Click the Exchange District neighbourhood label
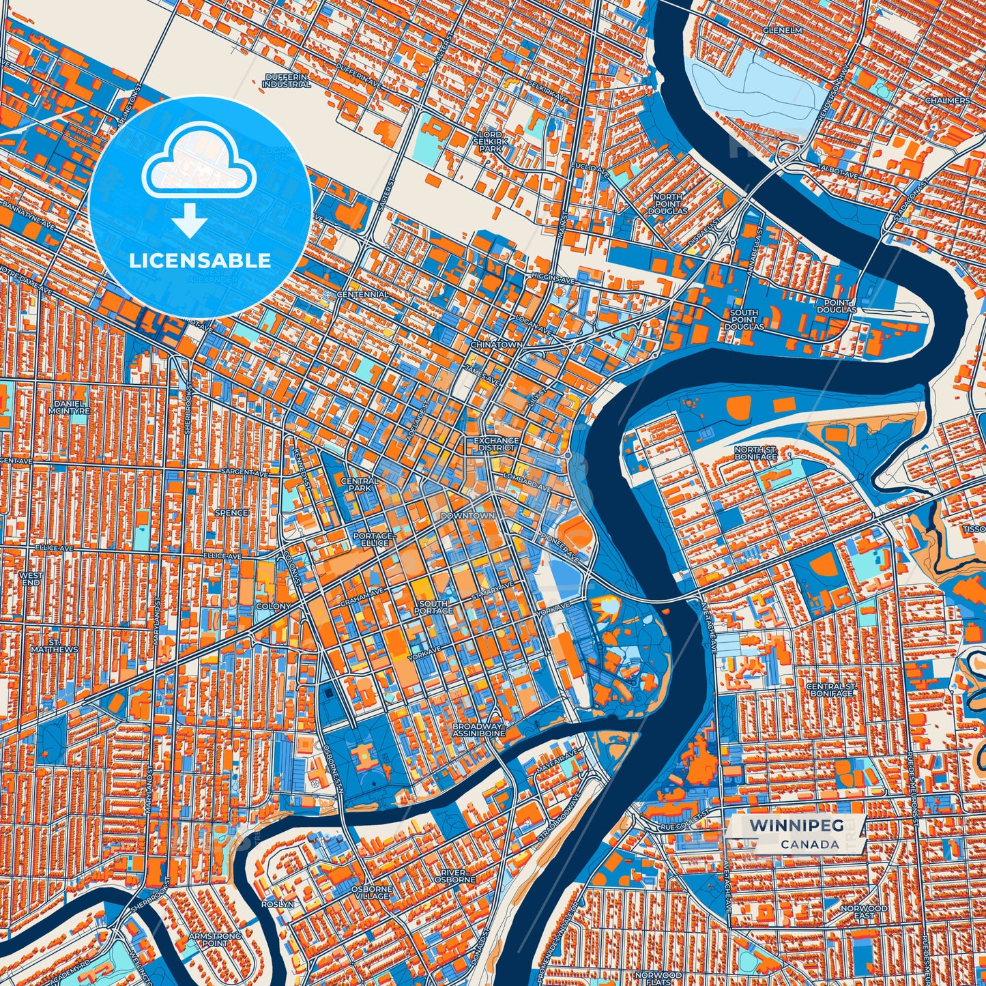tap(497, 444)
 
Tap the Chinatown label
tap(497, 345)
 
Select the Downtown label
tap(467, 516)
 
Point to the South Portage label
tap(433, 607)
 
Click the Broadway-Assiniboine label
tap(478, 731)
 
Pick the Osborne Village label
tap(372, 893)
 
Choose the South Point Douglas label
tap(744, 320)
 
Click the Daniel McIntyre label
tap(70, 407)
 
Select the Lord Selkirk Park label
tap(490, 141)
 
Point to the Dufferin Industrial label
tap(287, 81)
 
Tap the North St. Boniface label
tap(755, 452)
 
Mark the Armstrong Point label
tap(215, 940)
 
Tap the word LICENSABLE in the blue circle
tap(200, 261)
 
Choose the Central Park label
tap(360, 484)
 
